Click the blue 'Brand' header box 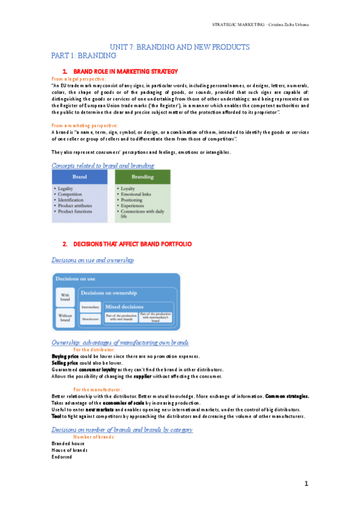79,177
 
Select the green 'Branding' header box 142,177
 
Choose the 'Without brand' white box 65,318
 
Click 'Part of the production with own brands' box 121,318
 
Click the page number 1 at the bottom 305,484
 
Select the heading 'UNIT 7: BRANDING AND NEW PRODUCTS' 179,48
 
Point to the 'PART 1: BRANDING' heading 84,56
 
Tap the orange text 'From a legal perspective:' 79,79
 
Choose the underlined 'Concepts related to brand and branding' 103,165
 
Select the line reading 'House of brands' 69,449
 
